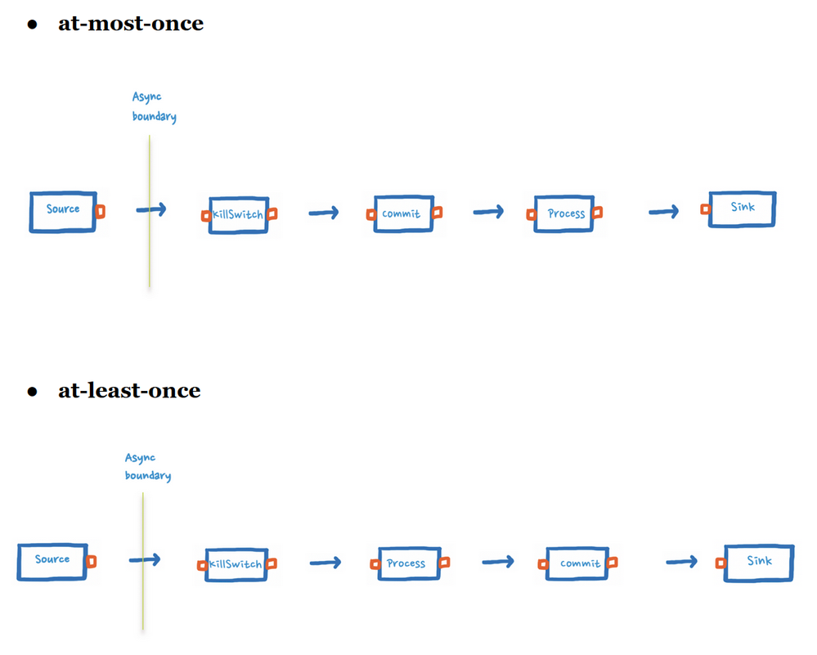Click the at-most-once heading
click(x=130, y=24)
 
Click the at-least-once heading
click(x=128, y=391)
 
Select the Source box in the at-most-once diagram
click(x=63, y=212)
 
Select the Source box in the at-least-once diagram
click(x=52, y=562)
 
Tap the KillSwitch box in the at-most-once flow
click(x=238, y=215)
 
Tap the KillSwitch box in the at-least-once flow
click(x=236, y=564)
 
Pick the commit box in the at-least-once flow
click(x=580, y=563)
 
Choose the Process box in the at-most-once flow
click(x=566, y=213)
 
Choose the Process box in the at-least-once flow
click(x=406, y=563)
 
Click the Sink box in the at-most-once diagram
click(x=742, y=209)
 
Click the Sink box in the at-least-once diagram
click(x=758, y=563)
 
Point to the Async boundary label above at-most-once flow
click(x=154, y=107)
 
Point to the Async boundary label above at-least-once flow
click(x=147, y=467)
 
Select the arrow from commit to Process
click(x=488, y=212)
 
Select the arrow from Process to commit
click(x=497, y=562)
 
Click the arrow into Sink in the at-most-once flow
click(x=663, y=213)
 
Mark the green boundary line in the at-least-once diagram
click(x=143, y=564)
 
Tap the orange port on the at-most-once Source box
click(x=101, y=212)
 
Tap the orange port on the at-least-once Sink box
click(x=720, y=563)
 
